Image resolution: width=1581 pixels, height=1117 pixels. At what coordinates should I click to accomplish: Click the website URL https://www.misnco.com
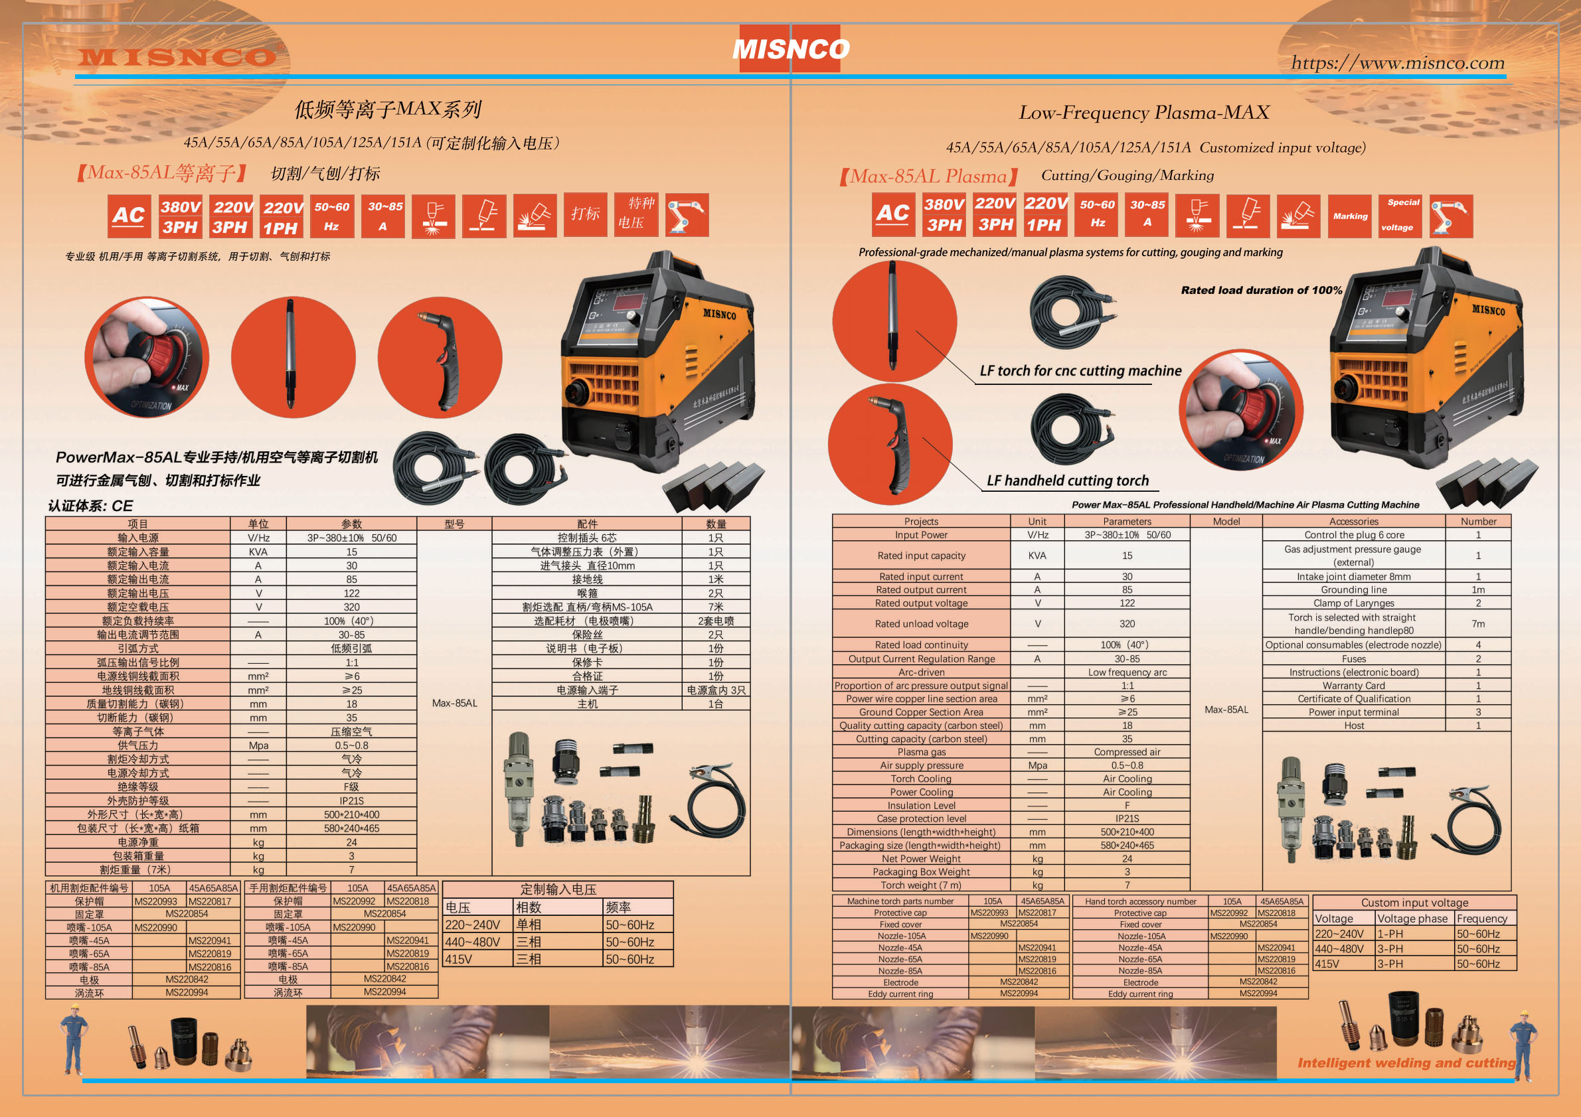click(1397, 62)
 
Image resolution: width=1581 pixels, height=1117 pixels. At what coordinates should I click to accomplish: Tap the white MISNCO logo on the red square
click(790, 49)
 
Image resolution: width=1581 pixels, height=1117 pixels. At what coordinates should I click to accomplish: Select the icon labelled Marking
click(1350, 216)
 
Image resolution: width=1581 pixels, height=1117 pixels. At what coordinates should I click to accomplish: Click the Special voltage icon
click(1400, 216)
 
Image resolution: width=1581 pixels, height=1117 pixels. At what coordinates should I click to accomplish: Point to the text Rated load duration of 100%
click(1262, 291)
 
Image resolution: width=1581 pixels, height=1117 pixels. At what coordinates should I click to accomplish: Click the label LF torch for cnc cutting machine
click(1080, 371)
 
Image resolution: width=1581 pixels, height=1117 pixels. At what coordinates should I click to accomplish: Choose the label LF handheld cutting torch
click(1067, 481)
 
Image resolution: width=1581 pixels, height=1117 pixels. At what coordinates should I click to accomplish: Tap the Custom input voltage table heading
click(1414, 902)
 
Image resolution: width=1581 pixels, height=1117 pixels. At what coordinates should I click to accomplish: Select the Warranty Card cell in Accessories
click(1353, 686)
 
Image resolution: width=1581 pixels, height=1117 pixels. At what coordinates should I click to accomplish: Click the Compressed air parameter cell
click(1127, 752)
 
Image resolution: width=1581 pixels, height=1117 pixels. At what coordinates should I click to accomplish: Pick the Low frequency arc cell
click(1127, 672)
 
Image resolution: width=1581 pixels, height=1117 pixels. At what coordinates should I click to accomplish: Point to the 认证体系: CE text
click(90, 506)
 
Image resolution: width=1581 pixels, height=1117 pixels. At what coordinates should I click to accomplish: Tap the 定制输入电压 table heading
click(558, 889)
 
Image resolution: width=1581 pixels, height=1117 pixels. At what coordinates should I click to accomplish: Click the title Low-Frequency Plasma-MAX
click(1143, 112)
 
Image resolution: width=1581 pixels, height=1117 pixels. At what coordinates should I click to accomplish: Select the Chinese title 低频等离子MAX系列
click(388, 109)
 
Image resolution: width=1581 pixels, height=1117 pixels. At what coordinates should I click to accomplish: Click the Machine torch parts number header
click(900, 901)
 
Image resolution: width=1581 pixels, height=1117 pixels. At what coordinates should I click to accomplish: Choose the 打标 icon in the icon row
click(585, 214)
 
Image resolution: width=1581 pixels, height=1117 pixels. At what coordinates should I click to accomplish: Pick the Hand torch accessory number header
click(1140, 901)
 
